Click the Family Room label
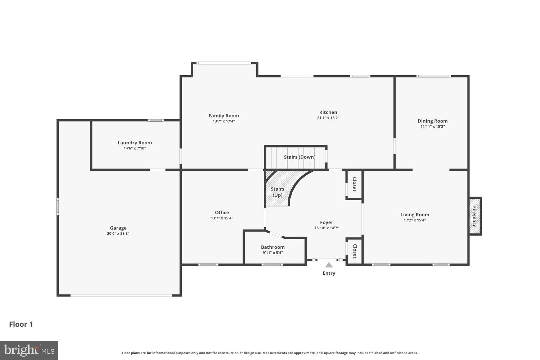(x=224, y=116)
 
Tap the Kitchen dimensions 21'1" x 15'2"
(x=328, y=118)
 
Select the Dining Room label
(x=432, y=121)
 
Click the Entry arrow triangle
(x=329, y=265)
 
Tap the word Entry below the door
(x=329, y=273)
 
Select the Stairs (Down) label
(x=299, y=157)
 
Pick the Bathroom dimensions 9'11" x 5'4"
(x=273, y=253)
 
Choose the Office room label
(x=222, y=212)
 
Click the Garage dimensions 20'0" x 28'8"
(x=118, y=233)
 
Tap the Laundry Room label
(x=135, y=143)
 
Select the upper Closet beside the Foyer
(x=354, y=184)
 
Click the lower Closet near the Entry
(x=354, y=251)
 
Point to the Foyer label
(x=327, y=222)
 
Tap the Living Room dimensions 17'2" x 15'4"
(x=415, y=220)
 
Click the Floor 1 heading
(x=21, y=324)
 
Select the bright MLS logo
(x=29, y=350)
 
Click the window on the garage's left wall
(x=58, y=206)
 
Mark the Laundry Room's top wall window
(x=156, y=120)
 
